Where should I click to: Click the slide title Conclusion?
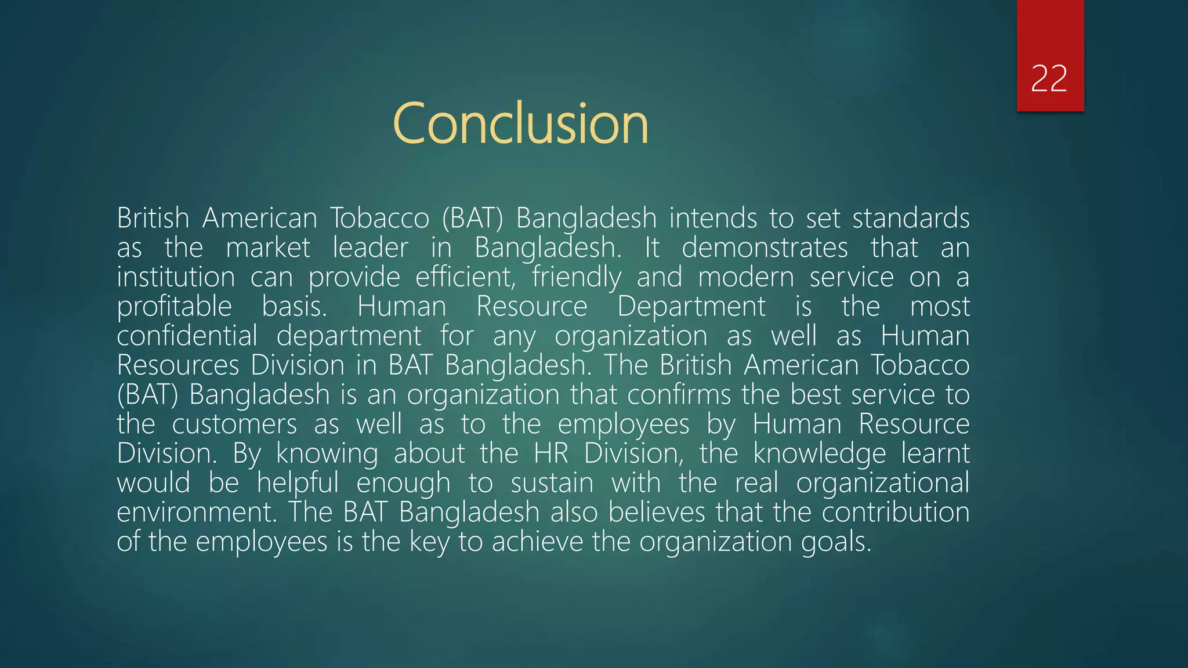(520, 124)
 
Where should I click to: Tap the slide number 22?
(1049, 78)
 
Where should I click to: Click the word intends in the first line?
(713, 219)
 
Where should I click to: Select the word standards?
(911, 219)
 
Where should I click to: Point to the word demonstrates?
(765, 248)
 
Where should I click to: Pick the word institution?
(176, 277)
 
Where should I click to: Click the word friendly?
(577, 278)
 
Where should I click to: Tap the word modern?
(745, 277)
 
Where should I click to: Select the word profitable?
(174, 307)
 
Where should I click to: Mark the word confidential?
(187, 336)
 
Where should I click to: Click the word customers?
(234, 424)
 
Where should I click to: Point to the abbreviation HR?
(551, 453)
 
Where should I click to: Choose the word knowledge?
(819, 454)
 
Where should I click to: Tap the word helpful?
(298, 483)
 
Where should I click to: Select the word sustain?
(552, 483)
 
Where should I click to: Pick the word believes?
(657, 513)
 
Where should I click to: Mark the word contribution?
(896, 513)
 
